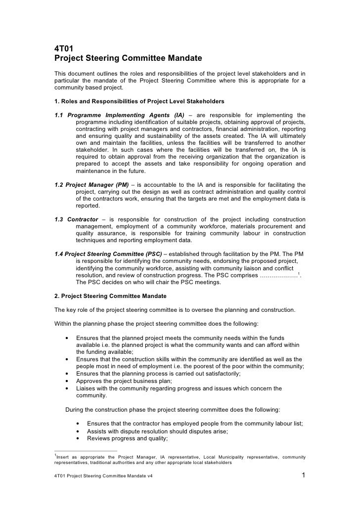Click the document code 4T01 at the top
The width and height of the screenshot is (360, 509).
click(63, 48)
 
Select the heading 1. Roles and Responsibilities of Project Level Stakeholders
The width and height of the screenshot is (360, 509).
click(139, 101)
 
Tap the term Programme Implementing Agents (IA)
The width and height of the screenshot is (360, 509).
click(126, 116)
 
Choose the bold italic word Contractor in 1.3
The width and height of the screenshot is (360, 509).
click(83, 219)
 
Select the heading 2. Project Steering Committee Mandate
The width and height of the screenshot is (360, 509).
click(110, 296)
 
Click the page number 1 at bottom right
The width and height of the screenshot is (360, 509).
click(303, 476)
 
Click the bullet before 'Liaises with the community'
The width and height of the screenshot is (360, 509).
click(67, 388)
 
